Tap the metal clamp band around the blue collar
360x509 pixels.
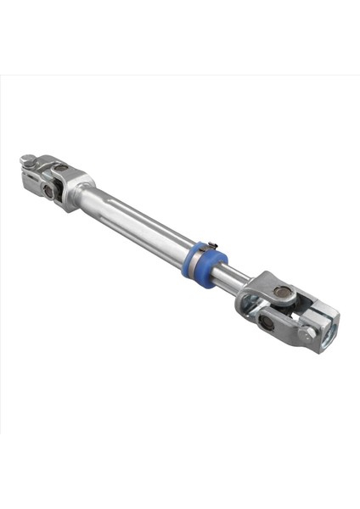click(198, 259)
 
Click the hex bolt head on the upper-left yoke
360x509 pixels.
click(28, 159)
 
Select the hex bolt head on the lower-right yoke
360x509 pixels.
click(308, 334)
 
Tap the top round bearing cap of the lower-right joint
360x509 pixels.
click(281, 294)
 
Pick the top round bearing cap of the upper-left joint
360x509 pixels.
click(59, 167)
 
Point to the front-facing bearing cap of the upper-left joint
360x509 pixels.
click(48, 193)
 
